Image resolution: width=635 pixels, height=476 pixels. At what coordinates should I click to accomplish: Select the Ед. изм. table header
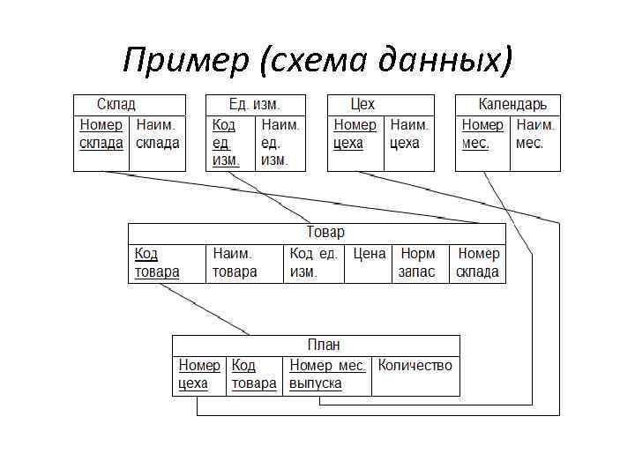(x=255, y=104)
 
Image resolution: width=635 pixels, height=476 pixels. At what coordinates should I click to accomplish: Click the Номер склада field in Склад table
(x=101, y=134)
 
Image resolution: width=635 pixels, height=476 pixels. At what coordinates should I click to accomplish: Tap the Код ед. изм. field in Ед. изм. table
(x=226, y=142)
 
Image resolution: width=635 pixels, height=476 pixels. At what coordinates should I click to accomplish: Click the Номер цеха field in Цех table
(x=355, y=134)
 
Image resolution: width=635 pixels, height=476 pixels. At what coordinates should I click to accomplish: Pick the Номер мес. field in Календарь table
(x=482, y=134)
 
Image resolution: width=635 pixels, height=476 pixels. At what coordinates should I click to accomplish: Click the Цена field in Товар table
(x=369, y=254)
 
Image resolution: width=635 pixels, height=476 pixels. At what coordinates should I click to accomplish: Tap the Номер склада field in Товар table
(x=477, y=263)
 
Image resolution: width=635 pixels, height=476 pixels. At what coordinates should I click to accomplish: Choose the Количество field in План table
(x=415, y=365)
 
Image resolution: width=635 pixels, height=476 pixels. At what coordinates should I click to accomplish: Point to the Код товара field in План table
(x=253, y=375)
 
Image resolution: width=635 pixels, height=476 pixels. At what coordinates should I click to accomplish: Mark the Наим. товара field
(x=235, y=263)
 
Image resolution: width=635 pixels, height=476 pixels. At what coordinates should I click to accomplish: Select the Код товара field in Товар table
(x=157, y=263)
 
